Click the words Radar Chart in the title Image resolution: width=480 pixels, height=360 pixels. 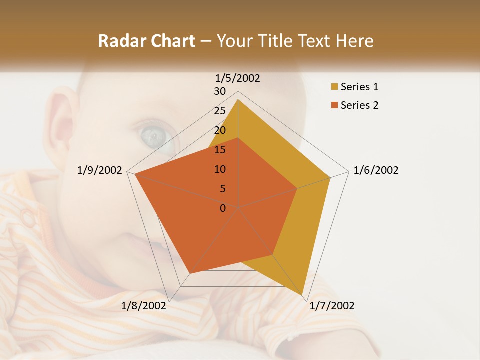tap(146, 41)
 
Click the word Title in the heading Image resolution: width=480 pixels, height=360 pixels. tap(276, 41)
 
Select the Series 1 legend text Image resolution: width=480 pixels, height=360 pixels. tap(359, 87)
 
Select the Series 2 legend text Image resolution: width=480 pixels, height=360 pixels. tap(359, 105)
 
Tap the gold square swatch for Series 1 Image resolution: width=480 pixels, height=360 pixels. tap(334, 87)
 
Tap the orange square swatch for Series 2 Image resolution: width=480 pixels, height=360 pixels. tap(334, 105)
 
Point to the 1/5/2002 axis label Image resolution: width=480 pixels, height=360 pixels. tap(238, 78)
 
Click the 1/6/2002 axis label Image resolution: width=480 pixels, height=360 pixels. tap(376, 170)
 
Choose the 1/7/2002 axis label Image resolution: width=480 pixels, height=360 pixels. tap(332, 306)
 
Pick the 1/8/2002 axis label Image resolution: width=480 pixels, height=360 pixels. tap(144, 306)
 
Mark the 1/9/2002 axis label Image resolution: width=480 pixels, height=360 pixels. tap(100, 170)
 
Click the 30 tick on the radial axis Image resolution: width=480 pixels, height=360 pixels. tap(220, 91)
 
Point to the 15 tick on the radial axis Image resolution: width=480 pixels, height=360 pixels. tap(220, 150)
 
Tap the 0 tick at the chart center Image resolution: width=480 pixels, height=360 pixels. tap(223, 208)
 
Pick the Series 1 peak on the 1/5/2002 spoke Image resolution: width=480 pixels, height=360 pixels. tap(238, 99)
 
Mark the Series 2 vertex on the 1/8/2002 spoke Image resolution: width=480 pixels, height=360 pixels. tap(190, 273)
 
